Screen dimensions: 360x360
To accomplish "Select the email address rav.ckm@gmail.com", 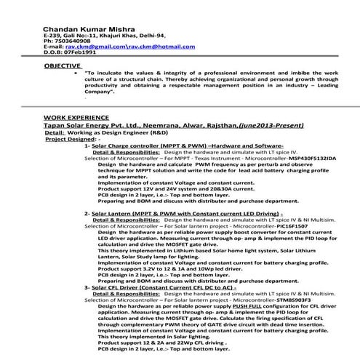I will pos(89,46).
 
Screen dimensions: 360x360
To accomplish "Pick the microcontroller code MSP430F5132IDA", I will pos(308,156).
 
